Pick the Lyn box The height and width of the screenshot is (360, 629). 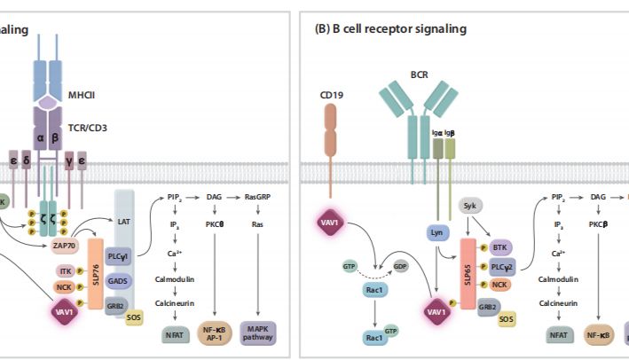(x=436, y=233)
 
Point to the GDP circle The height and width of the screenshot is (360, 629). (x=402, y=263)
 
